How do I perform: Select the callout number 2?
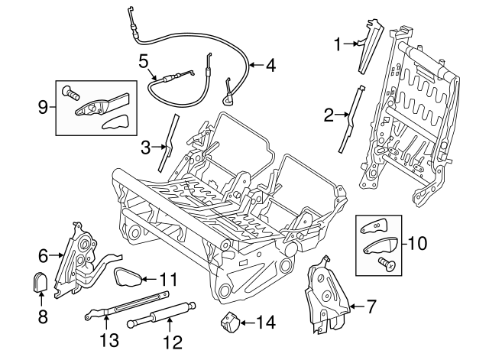(329, 116)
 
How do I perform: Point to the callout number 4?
(269, 66)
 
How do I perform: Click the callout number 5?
(143, 60)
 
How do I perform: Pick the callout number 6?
(44, 255)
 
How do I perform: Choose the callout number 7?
(371, 308)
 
